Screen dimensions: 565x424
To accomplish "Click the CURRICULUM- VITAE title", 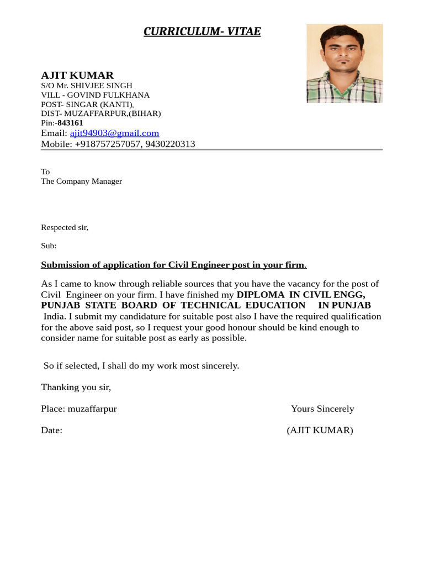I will click(202, 31).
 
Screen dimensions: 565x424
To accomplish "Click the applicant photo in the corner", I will click(344, 63).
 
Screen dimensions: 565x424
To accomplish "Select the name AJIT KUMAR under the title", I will click(77, 75).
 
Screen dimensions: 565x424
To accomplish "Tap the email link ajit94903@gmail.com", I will click(114, 133).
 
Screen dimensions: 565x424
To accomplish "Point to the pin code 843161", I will click(70, 123).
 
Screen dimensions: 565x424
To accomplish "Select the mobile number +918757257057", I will click(108, 144).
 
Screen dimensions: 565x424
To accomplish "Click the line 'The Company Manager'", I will click(81, 181).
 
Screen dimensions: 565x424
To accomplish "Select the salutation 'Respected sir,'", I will click(65, 227).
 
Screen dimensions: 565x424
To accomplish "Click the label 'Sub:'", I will click(49, 246).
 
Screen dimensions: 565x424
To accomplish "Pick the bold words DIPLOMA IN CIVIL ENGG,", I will click(301, 295).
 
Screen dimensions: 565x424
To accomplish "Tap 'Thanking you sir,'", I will click(76, 387).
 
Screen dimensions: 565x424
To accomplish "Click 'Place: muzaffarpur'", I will click(79, 409).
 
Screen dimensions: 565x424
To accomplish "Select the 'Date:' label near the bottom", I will click(51, 430).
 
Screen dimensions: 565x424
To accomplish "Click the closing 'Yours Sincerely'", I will click(322, 409).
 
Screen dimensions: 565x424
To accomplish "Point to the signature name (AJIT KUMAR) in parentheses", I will click(320, 430).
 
